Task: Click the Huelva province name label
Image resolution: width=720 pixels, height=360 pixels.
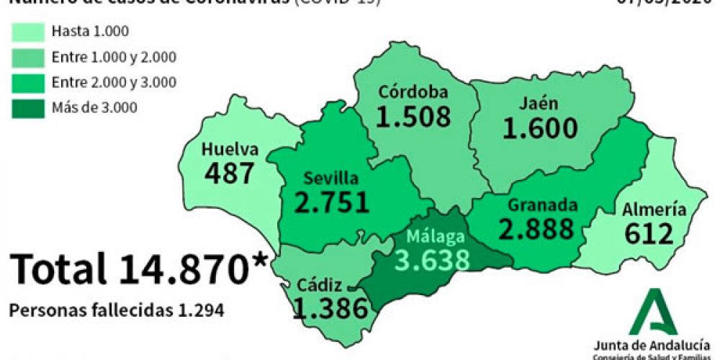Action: (230, 150)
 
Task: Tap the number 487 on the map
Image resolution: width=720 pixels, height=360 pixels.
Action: (230, 173)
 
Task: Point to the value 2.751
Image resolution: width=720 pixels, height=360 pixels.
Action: (332, 202)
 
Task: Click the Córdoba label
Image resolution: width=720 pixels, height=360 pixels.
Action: (414, 92)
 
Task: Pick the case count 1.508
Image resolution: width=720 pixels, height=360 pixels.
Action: (413, 117)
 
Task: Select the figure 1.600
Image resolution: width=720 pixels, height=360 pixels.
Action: (540, 128)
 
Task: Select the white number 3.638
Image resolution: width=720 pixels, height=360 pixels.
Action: (431, 258)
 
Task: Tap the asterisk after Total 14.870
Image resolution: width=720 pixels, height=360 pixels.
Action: (256, 261)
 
